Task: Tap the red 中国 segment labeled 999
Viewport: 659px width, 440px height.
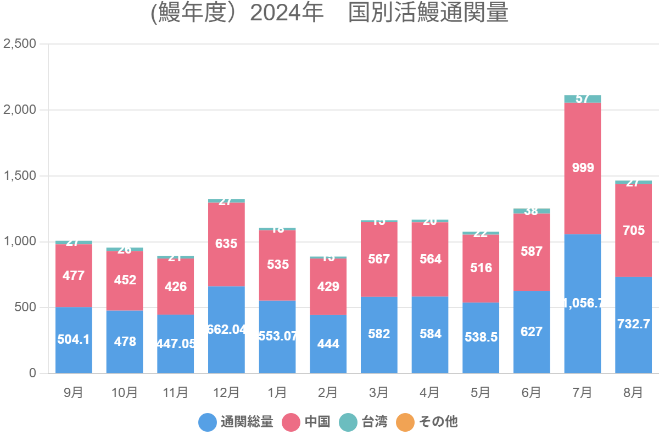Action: pyautogui.click(x=583, y=168)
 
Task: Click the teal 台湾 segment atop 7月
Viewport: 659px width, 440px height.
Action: pyautogui.click(x=583, y=99)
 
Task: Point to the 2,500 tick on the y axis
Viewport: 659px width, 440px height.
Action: pyautogui.click(x=20, y=44)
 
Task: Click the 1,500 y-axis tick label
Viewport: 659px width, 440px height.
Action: pyautogui.click(x=20, y=176)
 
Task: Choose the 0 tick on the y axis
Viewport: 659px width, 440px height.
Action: pyautogui.click(x=31, y=373)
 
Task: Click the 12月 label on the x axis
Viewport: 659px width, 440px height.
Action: pyautogui.click(x=226, y=392)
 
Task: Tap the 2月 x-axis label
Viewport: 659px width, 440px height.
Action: pyautogui.click(x=328, y=392)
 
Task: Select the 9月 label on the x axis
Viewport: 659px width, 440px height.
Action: pyautogui.click(x=74, y=392)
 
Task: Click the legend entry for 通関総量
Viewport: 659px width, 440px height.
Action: pyautogui.click(x=236, y=422)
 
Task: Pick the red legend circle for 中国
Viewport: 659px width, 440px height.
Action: pyautogui.click(x=292, y=422)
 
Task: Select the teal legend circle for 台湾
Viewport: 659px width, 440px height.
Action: pyautogui.click(x=348, y=422)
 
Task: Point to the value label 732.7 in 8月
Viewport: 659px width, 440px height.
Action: pyautogui.click(x=633, y=324)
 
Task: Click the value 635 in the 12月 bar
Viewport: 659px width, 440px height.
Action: pyautogui.click(x=226, y=244)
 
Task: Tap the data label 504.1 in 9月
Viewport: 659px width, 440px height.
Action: pyautogui.click(x=74, y=339)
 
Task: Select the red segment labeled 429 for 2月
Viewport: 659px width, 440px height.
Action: pyautogui.click(x=328, y=287)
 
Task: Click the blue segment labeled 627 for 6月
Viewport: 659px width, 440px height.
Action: pyautogui.click(x=532, y=332)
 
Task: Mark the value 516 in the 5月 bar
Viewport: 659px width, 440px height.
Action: pyautogui.click(x=481, y=268)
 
